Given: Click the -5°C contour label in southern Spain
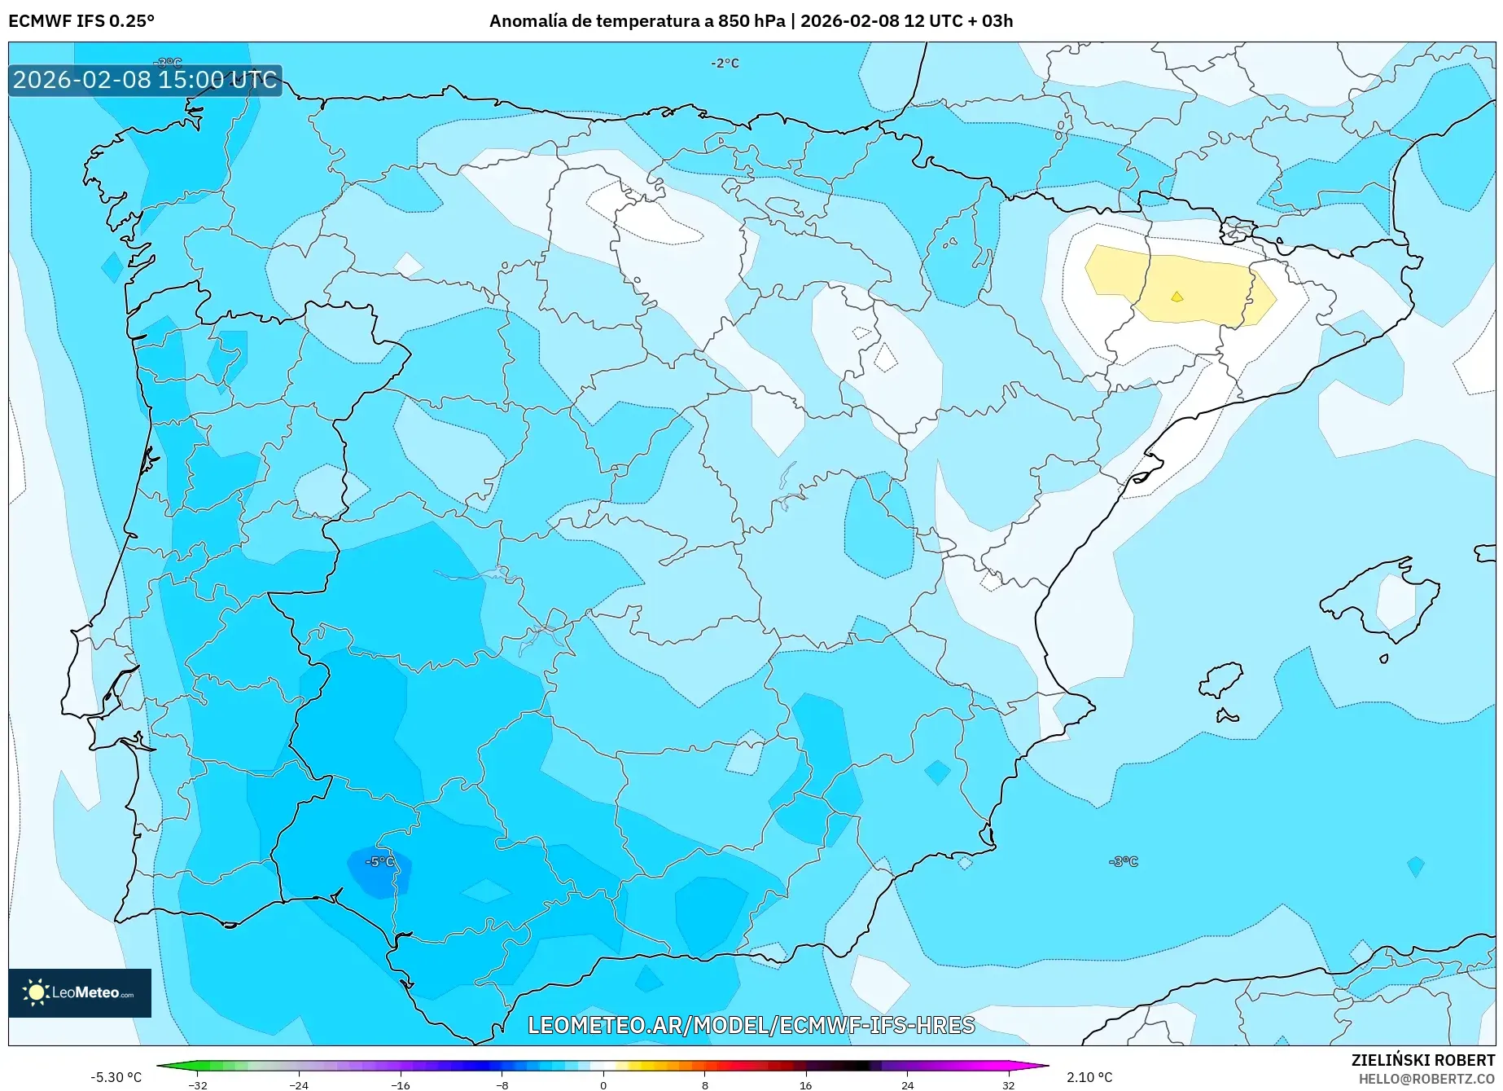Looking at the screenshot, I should (379, 861).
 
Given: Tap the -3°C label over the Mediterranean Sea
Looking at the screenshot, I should (1123, 861).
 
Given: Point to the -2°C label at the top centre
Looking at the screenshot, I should (725, 63).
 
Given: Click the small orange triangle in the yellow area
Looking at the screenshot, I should (1177, 297).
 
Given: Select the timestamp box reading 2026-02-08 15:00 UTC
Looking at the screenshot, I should (145, 80).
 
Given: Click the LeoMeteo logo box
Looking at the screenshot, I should (80, 992).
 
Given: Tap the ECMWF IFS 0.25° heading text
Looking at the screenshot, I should (81, 21).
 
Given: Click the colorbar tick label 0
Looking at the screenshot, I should (603, 1084).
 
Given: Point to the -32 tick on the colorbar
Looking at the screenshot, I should (198, 1084).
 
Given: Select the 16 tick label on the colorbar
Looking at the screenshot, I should (805, 1084).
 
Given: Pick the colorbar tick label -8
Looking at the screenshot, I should (502, 1084).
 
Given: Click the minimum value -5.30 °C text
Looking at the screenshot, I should (116, 1076).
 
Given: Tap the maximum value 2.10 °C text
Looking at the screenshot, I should (1089, 1076).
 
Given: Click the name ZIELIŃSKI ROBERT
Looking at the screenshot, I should (1422, 1060).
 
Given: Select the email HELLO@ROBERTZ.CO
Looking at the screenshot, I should (1426, 1078).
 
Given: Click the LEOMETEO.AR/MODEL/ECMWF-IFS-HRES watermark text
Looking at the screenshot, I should (751, 1025).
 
